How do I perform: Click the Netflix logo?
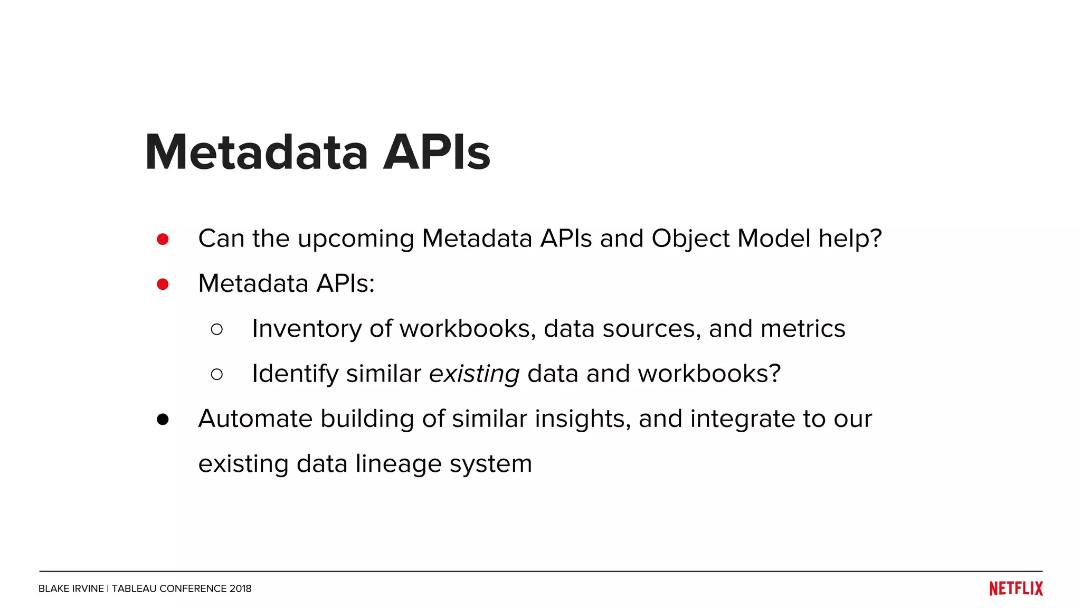[1016, 588]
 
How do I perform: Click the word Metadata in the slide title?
[256, 153]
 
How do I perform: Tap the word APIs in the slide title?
[437, 153]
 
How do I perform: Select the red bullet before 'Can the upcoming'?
[163, 240]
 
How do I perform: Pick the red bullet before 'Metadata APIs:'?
[163, 284]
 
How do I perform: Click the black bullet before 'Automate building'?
[163, 420]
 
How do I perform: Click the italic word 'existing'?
[474, 374]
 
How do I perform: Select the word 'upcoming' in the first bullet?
[356, 239]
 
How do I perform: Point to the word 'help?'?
[850, 239]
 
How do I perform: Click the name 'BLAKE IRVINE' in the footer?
[71, 588]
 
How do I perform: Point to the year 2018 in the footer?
[240, 588]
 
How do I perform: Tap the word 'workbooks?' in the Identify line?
[709, 374]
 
